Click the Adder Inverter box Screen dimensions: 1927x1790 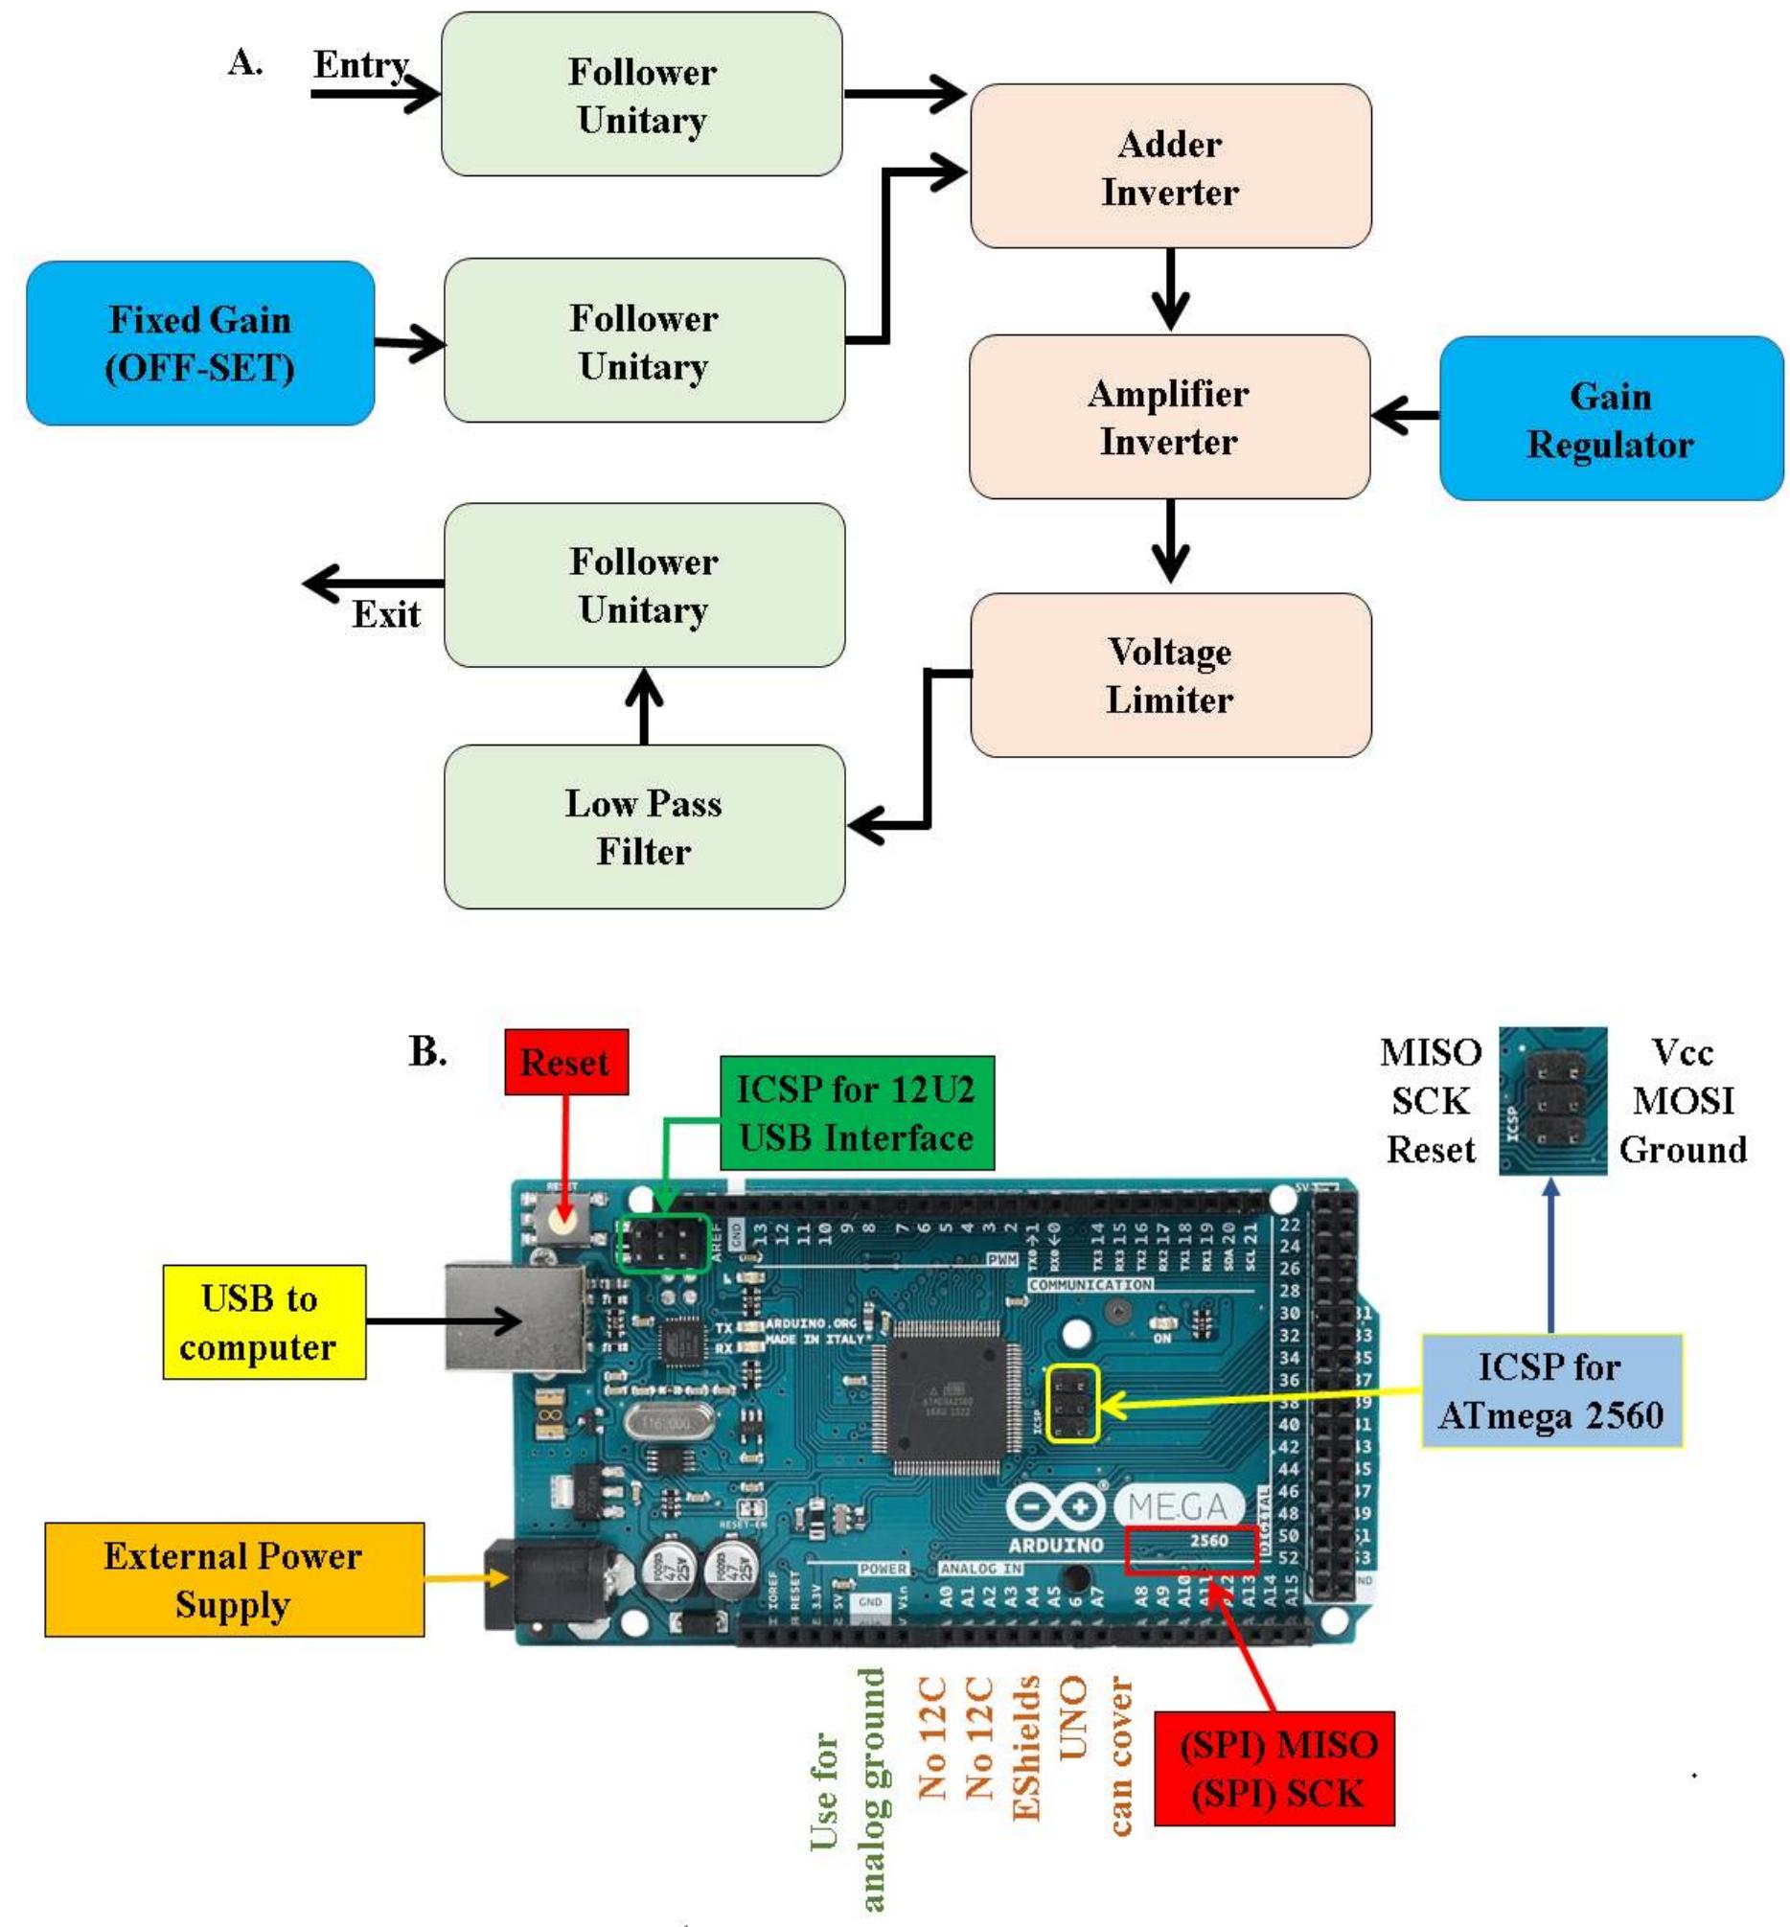point(1170,167)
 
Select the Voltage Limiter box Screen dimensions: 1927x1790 point(1170,675)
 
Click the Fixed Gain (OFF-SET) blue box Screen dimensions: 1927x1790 point(199,343)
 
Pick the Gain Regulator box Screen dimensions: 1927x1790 point(1610,419)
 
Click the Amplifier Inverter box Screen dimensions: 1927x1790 point(1169,418)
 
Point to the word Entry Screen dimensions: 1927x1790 point(360,65)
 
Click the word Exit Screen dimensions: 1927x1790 point(385,614)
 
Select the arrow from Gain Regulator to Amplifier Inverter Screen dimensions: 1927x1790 point(1405,417)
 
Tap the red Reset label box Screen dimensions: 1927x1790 point(566,1063)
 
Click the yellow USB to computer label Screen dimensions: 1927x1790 point(264,1321)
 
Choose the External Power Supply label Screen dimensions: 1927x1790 point(234,1579)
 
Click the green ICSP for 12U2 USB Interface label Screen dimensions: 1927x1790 point(857,1113)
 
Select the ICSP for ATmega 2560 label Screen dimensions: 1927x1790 point(1550,1390)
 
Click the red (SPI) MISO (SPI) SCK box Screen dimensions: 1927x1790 point(1274,1768)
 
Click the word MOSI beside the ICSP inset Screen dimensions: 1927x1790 point(1683,1101)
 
